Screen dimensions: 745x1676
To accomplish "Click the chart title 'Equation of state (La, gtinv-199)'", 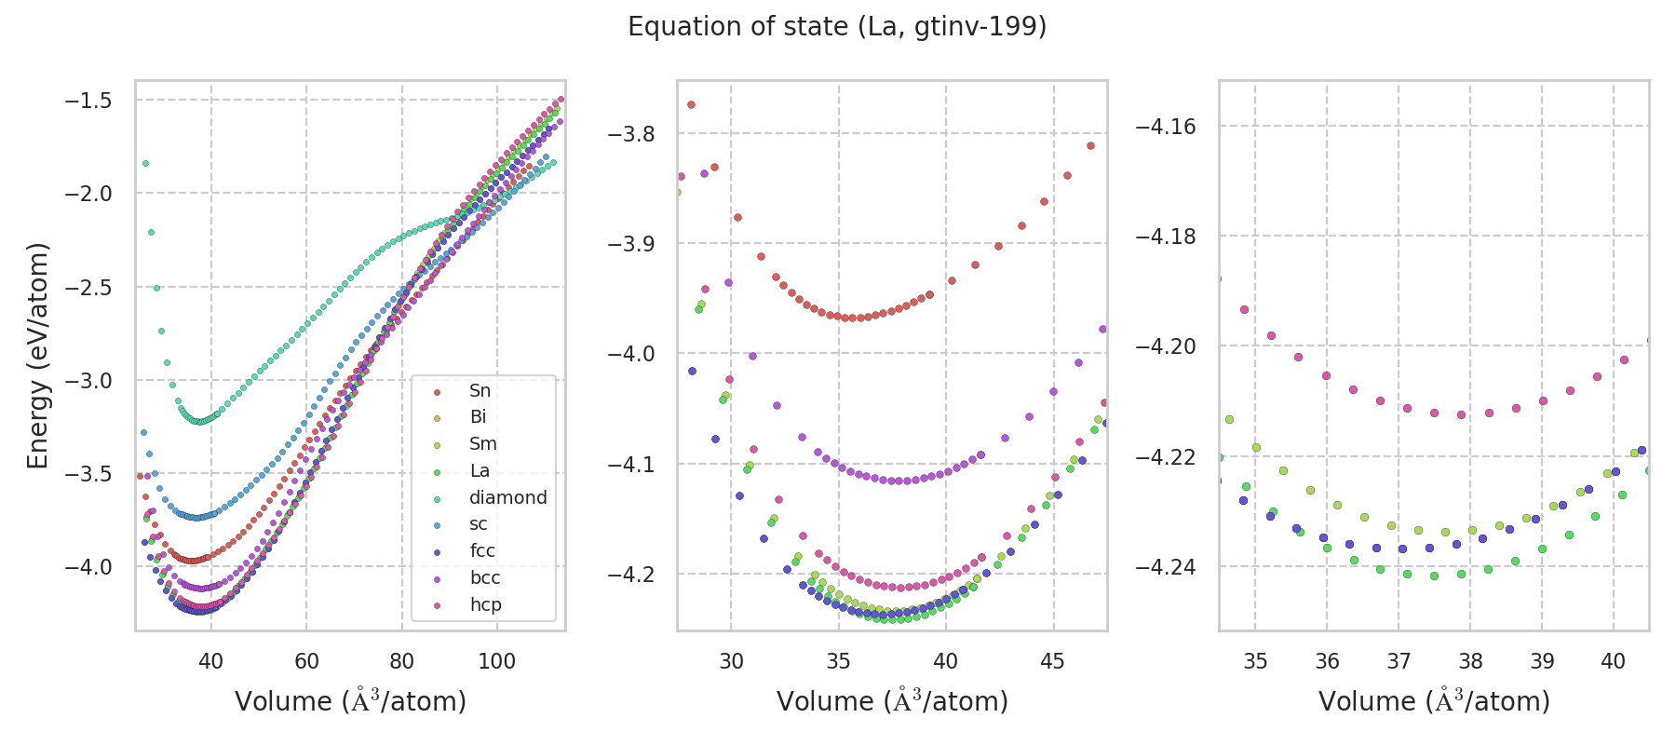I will click(837, 27).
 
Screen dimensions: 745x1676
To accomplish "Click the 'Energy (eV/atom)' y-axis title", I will click(37, 356).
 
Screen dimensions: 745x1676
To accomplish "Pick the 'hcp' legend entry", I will click(485, 605).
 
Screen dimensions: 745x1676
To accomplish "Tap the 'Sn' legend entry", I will click(480, 391).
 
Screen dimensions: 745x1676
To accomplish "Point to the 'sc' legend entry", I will click(478, 524).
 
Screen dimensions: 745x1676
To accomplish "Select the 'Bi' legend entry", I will click(478, 417).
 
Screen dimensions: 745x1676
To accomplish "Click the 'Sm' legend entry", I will click(482, 444).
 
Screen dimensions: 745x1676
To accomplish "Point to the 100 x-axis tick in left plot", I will click(496, 662).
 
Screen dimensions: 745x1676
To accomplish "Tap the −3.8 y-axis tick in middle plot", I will click(631, 134).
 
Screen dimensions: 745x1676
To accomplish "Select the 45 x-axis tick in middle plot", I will click(1052, 662).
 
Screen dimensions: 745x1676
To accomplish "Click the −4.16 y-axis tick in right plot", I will click(1166, 127).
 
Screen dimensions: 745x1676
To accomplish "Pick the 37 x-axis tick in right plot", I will click(1399, 662).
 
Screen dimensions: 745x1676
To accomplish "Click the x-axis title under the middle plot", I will click(892, 701).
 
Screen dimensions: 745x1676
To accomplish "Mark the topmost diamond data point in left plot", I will click(145, 163).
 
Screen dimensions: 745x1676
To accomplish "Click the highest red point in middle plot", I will click(691, 104).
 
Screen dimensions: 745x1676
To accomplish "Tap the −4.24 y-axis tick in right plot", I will click(1166, 567).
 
